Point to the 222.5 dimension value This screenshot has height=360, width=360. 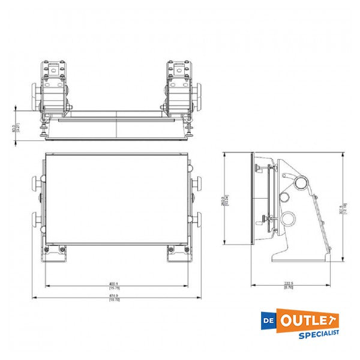pyautogui.click(x=289, y=284)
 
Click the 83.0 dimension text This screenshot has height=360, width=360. pyautogui.click(x=14, y=127)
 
